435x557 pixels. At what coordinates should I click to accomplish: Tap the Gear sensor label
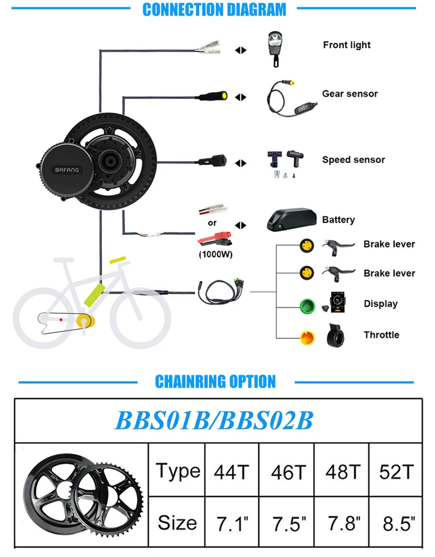tap(350, 94)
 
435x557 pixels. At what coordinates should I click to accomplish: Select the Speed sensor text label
tap(353, 159)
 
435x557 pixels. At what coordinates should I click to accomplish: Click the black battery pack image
tap(291, 220)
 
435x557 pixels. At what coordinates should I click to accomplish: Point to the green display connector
tap(307, 304)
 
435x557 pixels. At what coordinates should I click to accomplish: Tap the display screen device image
tap(334, 302)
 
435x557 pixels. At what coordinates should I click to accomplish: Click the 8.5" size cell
tap(396, 523)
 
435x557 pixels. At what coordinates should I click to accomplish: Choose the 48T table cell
tap(343, 472)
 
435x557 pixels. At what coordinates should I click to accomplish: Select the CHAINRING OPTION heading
tap(215, 381)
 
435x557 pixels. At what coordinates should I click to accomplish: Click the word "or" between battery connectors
tap(212, 222)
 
